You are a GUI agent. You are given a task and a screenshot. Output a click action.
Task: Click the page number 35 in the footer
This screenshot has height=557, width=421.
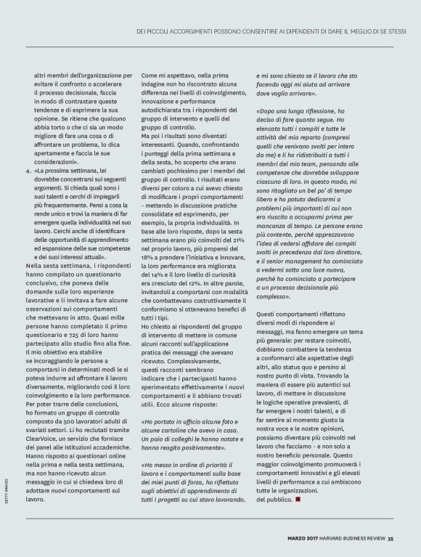tap(390, 538)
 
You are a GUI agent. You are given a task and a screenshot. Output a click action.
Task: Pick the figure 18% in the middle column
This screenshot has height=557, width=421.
tap(148, 257)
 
